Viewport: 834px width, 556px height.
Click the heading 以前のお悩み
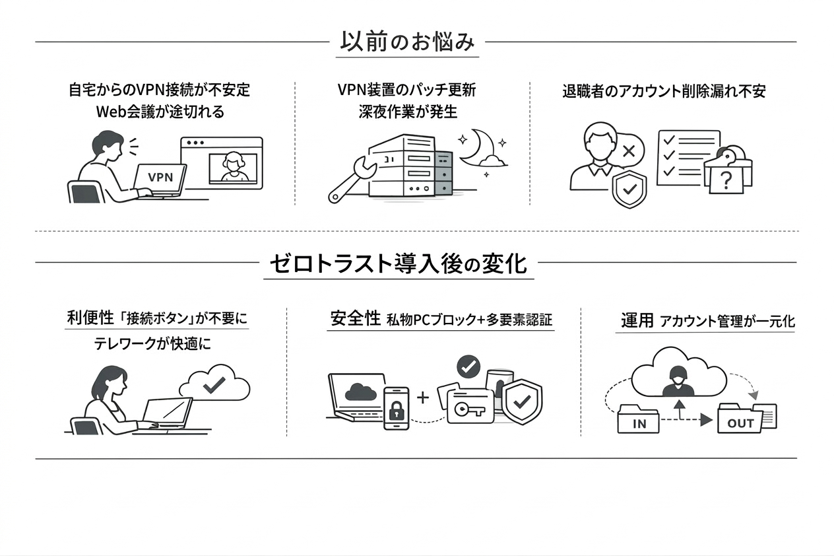(x=407, y=42)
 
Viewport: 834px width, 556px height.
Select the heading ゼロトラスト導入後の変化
(x=399, y=263)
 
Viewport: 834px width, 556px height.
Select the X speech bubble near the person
(x=628, y=151)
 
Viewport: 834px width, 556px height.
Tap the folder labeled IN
(x=639, y=420)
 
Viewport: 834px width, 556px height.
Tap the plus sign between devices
(x=423, y=398)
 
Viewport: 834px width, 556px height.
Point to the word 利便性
(x=90, y=319)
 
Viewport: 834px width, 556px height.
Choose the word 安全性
(x=355, y=319)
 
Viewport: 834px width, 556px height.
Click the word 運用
(x=637, y=321)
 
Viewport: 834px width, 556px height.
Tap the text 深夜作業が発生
(x=408, y=111)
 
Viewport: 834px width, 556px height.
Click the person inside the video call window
(x=232, y=167)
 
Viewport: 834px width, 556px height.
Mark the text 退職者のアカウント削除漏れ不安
(x=664, y=91)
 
